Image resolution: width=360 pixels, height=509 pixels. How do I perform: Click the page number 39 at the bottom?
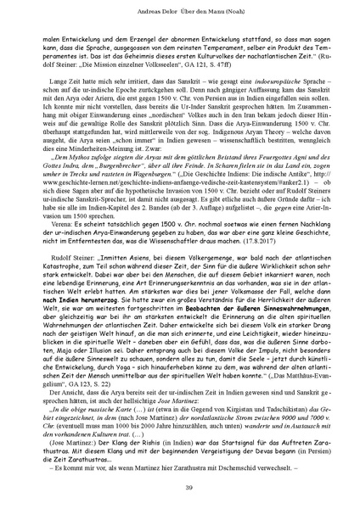click(180, 485)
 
